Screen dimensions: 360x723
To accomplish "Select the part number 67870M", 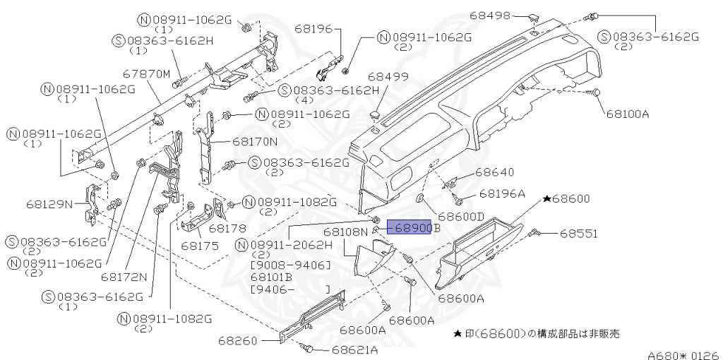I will tap(147, 73).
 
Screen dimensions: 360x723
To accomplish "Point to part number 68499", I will tap(388, 76).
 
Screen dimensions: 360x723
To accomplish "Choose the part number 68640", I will tap(494, 172).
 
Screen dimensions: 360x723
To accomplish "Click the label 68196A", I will tap(503, 193).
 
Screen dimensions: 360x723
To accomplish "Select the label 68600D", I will tap(461, 216).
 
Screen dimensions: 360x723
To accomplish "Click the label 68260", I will tap(239, 340).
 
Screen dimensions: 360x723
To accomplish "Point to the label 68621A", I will tap(355, 349).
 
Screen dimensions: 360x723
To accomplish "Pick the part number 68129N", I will tap(50, 204).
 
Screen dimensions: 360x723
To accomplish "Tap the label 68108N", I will tap(346, 232).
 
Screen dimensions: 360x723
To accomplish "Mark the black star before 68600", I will tap(546, 200).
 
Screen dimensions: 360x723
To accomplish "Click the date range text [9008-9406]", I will tap(292, 265).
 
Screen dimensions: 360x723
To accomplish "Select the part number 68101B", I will tap(273, 277).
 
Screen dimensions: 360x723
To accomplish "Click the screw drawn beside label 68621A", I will tap(306, 348).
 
